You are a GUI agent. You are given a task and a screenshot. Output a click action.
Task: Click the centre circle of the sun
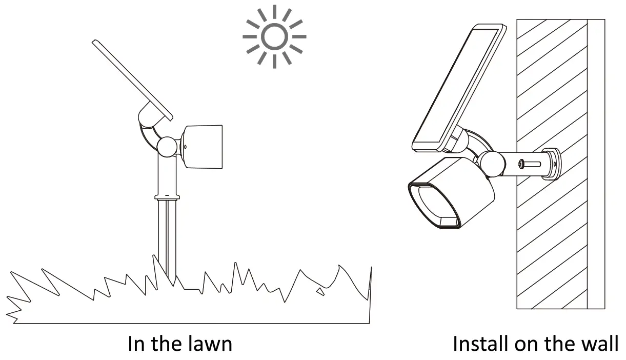click(275, 37)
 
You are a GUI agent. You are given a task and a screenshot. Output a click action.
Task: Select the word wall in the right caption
click(599, 344)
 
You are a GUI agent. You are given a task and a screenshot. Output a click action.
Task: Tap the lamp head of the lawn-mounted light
click(204, 146)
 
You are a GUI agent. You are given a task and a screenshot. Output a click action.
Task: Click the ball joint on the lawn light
click(167, 147)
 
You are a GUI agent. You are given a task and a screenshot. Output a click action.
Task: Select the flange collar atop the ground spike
click(167, 196)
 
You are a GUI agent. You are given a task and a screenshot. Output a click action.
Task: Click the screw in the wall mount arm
click(522, 164)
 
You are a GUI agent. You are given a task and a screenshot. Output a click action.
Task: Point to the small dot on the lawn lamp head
click(185, 147)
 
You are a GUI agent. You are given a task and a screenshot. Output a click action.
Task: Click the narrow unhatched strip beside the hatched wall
click(596, 164)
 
